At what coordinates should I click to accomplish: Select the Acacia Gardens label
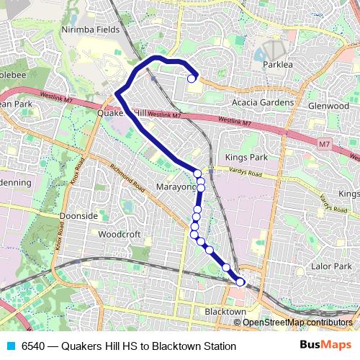coord(260,102)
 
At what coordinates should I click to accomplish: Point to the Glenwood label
coord(328,105)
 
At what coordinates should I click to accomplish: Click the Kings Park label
coord(246,157)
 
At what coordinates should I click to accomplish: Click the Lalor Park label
coord(333,266)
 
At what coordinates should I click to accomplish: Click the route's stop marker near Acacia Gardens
coord(192,78)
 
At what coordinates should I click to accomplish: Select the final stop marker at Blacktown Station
coord(240,282)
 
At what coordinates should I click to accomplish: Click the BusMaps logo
coord(326,346)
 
